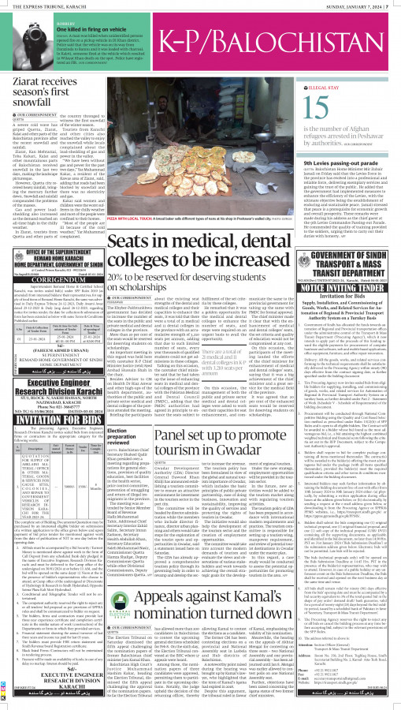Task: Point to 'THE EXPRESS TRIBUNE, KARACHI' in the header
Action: (x=48, y=6)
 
